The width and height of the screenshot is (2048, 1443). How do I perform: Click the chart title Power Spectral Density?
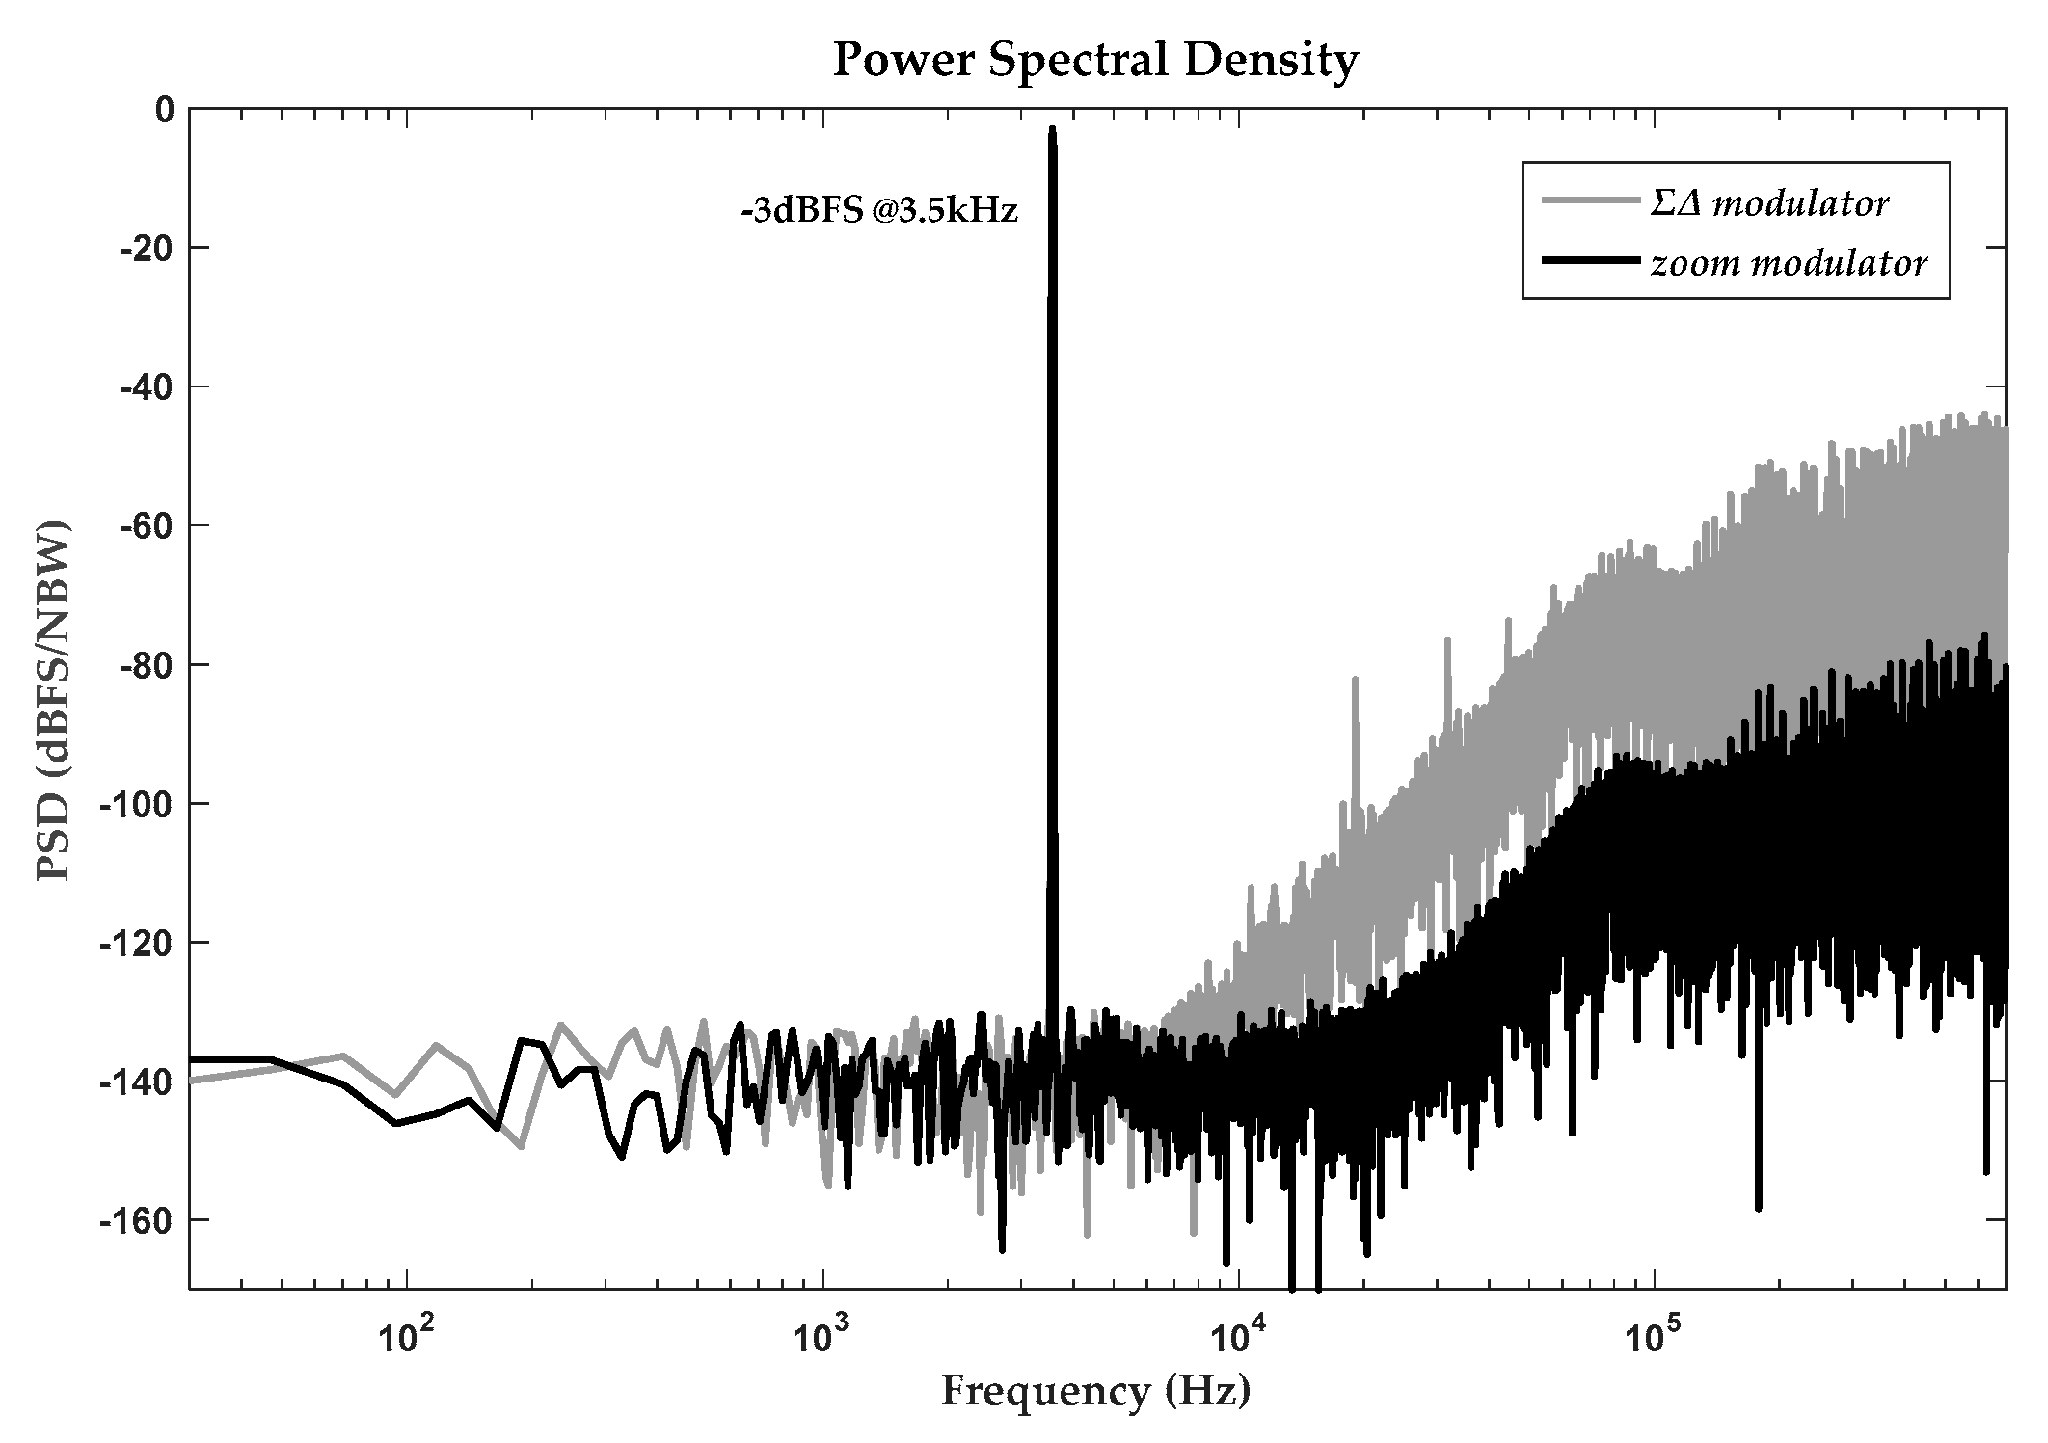tap(1095, 60)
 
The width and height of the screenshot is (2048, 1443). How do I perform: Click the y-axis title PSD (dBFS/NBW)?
tap(54, 701)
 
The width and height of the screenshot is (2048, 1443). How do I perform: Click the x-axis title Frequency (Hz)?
tap(1095, 1391)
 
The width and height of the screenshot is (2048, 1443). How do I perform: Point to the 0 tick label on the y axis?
tap(165, 110)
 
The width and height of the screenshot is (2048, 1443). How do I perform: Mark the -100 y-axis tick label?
tap(141, 803)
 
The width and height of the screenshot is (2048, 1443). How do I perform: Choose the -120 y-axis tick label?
tap(141, 942)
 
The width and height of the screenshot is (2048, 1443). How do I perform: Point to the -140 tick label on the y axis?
tap(141, 1081)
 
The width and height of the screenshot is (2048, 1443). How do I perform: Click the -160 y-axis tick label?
tap(141, 1219)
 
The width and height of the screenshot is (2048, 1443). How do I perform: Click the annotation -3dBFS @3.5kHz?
tap(878, 211)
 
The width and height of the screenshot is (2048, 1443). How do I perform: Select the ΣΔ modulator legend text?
tap(1768, 203)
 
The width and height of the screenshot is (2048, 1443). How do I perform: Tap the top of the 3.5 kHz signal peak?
tap(1052, 129)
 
